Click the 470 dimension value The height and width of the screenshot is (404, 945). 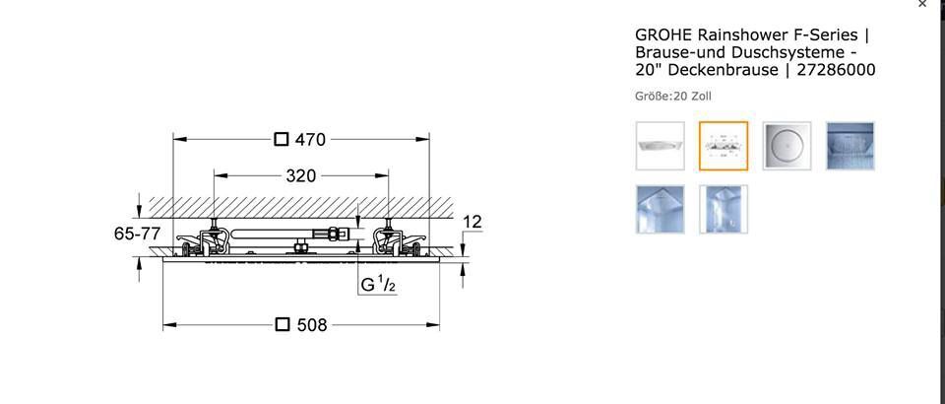click(310, 140)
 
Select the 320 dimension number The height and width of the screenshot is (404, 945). click(301, 176)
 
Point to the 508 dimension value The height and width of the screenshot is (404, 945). click(312, 325)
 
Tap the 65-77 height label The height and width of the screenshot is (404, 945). click(138, 234)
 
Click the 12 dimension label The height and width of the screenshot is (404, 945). click(472, 223)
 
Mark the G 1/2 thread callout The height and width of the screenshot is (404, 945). click(378, 285)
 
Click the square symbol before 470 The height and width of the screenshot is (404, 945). click(282, 139)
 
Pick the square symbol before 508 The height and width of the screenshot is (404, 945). click(283, 325)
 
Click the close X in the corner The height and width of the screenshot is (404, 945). click(922, 4)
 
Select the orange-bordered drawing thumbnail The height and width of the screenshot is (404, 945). click(724, 146)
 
